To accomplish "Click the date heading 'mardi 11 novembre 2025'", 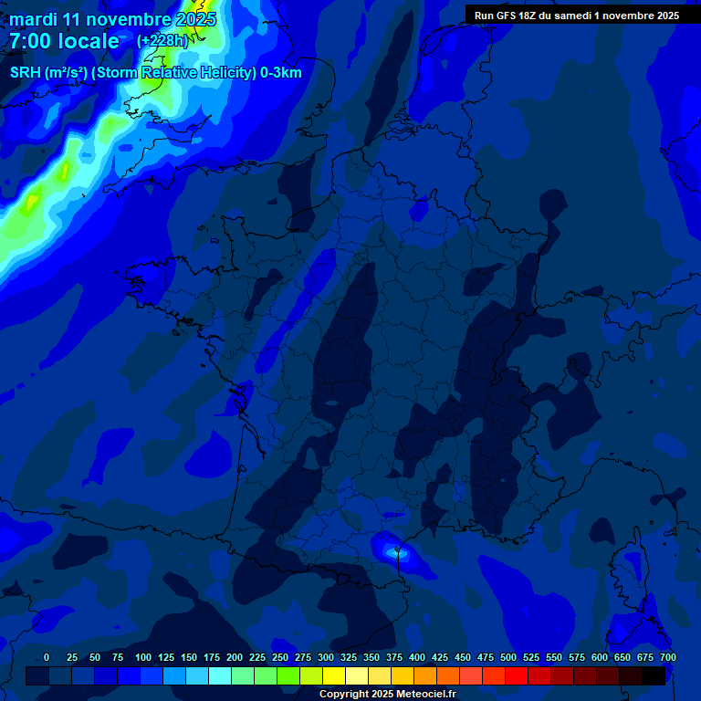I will click(112, 19).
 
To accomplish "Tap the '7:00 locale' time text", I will click(64, 41).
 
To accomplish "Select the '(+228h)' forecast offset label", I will click(162, 40).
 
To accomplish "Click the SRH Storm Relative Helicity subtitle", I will click(155, 73).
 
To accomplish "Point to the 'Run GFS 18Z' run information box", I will click(576, 16).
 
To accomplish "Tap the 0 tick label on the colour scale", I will click(47, 658).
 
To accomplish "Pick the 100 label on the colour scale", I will click(143, 658).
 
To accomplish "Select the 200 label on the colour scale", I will click(235, 658).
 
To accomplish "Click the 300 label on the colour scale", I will click(326, 658).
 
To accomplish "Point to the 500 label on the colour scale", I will click(508, 658).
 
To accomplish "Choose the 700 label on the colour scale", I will click(668, 658).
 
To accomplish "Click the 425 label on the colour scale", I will click(440, 658).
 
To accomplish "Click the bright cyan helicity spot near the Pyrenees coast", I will click(395, 550).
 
